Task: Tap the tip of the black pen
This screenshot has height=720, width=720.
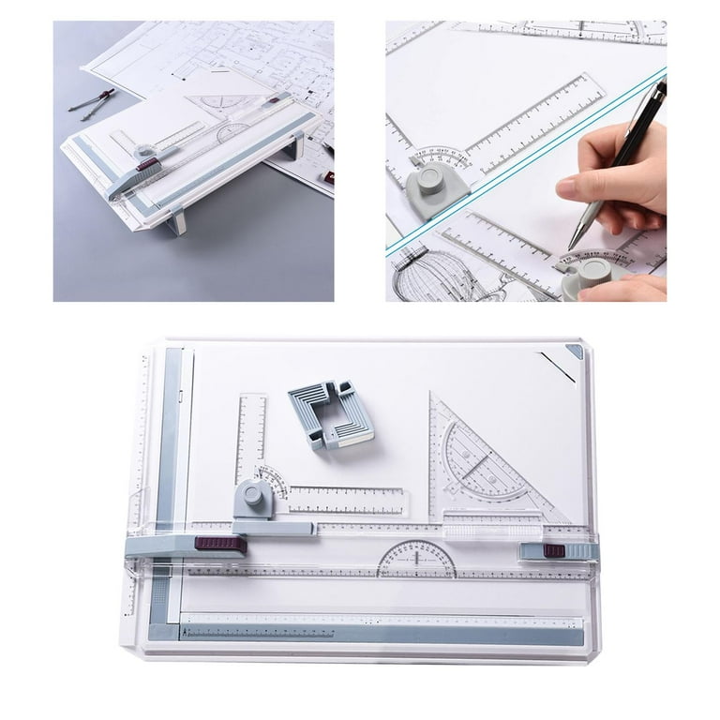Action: point(571,247)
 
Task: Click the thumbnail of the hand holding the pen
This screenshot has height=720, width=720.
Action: point(526,160)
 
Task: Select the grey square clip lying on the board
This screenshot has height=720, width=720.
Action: point(331,412)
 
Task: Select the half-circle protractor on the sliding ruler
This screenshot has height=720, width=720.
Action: point(416,562)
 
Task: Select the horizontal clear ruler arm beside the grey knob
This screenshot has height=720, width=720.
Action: point(347,501)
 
